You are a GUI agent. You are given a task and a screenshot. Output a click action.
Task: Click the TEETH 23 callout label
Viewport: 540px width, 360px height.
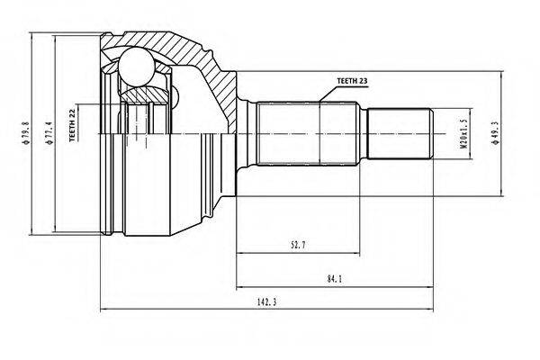(x=352, y=81)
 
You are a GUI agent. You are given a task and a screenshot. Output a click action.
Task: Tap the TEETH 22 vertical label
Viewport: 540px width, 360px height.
(x=72, y=126)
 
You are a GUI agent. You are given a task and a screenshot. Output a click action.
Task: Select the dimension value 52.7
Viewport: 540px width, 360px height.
(x=298, y=246)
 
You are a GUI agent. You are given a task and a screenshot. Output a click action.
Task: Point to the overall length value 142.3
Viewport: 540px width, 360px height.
(x=267, y=302)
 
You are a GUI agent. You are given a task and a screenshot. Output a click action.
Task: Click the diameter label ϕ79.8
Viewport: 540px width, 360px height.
(x=25, y=132)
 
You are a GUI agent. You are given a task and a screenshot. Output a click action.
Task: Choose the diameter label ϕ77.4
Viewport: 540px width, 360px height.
(x=49, y=132)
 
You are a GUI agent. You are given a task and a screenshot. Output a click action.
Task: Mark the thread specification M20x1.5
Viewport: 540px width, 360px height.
(x=463, y=134)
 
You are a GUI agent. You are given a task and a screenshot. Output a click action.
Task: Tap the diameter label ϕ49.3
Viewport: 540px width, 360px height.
(x=496, y=133)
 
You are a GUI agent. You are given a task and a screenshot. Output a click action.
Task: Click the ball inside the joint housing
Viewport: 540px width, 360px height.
(x=137, y=67)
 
